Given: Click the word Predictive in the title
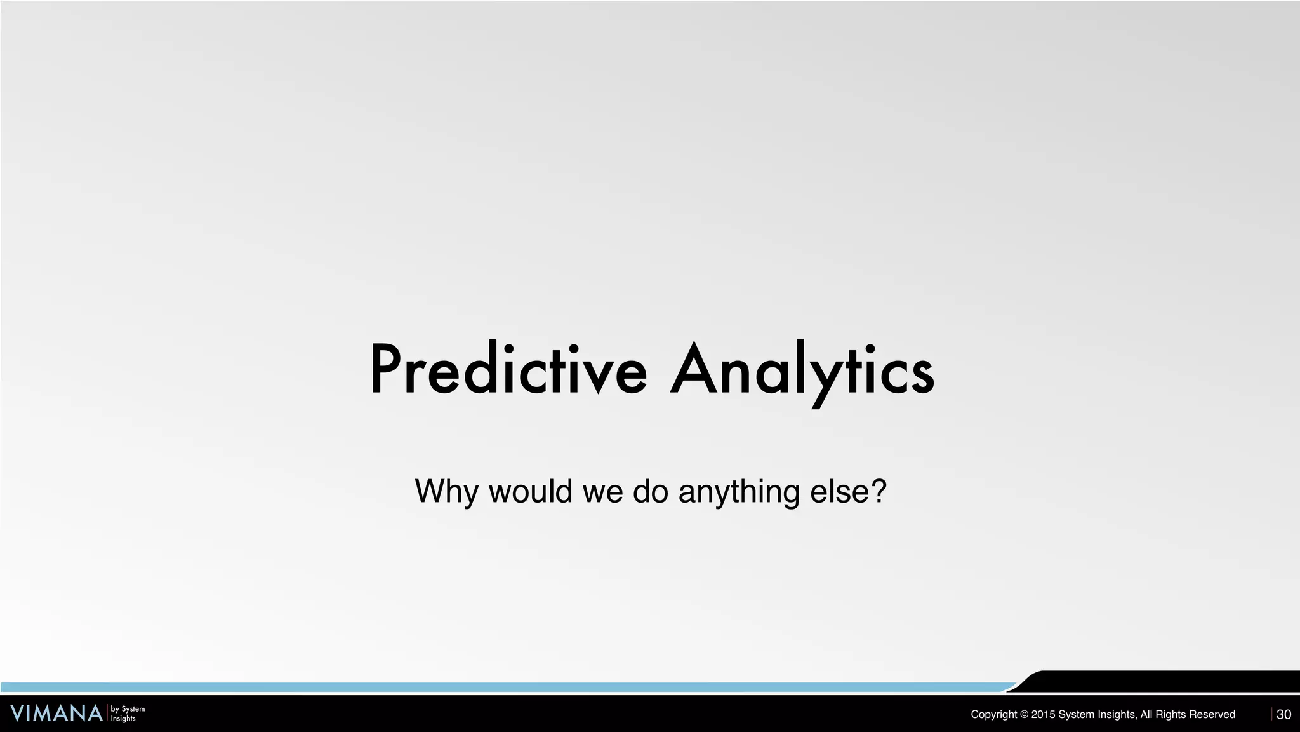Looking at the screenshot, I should coord(508,369).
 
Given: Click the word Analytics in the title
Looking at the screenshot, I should coord(802,369).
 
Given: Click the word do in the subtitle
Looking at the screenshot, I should coord(651,491).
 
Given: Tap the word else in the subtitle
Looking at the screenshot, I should coord(837,491).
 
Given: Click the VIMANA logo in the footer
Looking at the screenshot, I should coord(56,714).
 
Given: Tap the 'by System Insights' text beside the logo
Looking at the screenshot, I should coord(128,714).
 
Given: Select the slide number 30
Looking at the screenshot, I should coord(1283,714).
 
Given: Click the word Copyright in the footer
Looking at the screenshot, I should coord(993,715).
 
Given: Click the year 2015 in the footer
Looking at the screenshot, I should coord(1043,715).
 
